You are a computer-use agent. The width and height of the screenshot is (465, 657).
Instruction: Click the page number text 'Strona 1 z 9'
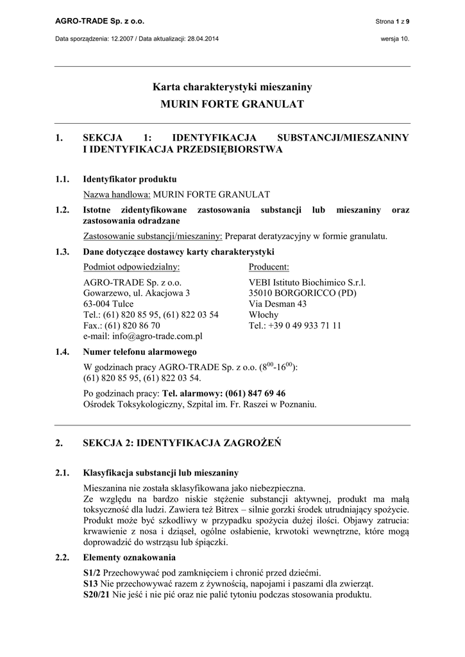point(392,22)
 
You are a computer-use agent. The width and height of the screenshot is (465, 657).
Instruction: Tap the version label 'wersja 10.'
point(394,38)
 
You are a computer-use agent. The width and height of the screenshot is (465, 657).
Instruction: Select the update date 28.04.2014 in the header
point(203,38)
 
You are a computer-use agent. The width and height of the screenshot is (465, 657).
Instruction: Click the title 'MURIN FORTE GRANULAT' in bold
point(232,104)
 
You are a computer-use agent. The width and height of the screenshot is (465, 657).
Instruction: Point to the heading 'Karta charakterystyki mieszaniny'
point(232,87)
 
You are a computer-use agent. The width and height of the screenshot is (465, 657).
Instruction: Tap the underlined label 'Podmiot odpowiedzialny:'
point(131,266)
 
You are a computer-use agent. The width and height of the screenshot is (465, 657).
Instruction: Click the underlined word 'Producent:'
point(269,266)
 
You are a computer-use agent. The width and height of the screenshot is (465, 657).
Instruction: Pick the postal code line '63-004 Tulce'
point(108,304)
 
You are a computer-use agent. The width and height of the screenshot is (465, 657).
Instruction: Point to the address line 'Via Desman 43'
point(277,304)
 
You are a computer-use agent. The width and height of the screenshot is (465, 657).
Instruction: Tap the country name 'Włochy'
point(263,314)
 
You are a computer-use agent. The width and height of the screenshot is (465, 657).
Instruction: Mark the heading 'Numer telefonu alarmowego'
point(140,352)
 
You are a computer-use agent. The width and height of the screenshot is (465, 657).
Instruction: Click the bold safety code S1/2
point(92,572)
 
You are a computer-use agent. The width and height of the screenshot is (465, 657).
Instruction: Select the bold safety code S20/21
point(97,594)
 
